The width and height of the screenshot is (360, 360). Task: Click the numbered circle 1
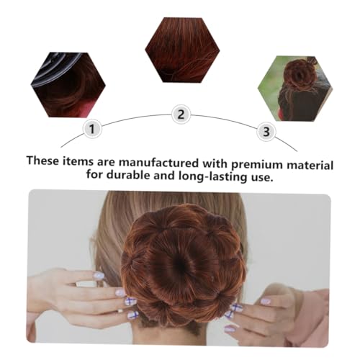point(92,129)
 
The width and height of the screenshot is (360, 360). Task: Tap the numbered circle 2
point(181,114)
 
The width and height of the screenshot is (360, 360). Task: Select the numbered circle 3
point(266,132)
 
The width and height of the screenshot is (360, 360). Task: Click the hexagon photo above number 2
point(182,50)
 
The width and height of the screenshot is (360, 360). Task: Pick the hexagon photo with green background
point(295,89)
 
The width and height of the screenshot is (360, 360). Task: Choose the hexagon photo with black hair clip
point(68,85)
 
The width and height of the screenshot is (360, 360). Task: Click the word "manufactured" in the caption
point(159,163)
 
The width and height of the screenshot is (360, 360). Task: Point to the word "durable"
point(128,175)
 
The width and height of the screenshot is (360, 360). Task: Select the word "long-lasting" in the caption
point(212,176)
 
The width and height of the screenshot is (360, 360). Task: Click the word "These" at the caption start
point(42,160)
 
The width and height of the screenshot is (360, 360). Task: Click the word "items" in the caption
point(78,161)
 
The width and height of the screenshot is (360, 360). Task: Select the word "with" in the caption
point(215,163)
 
